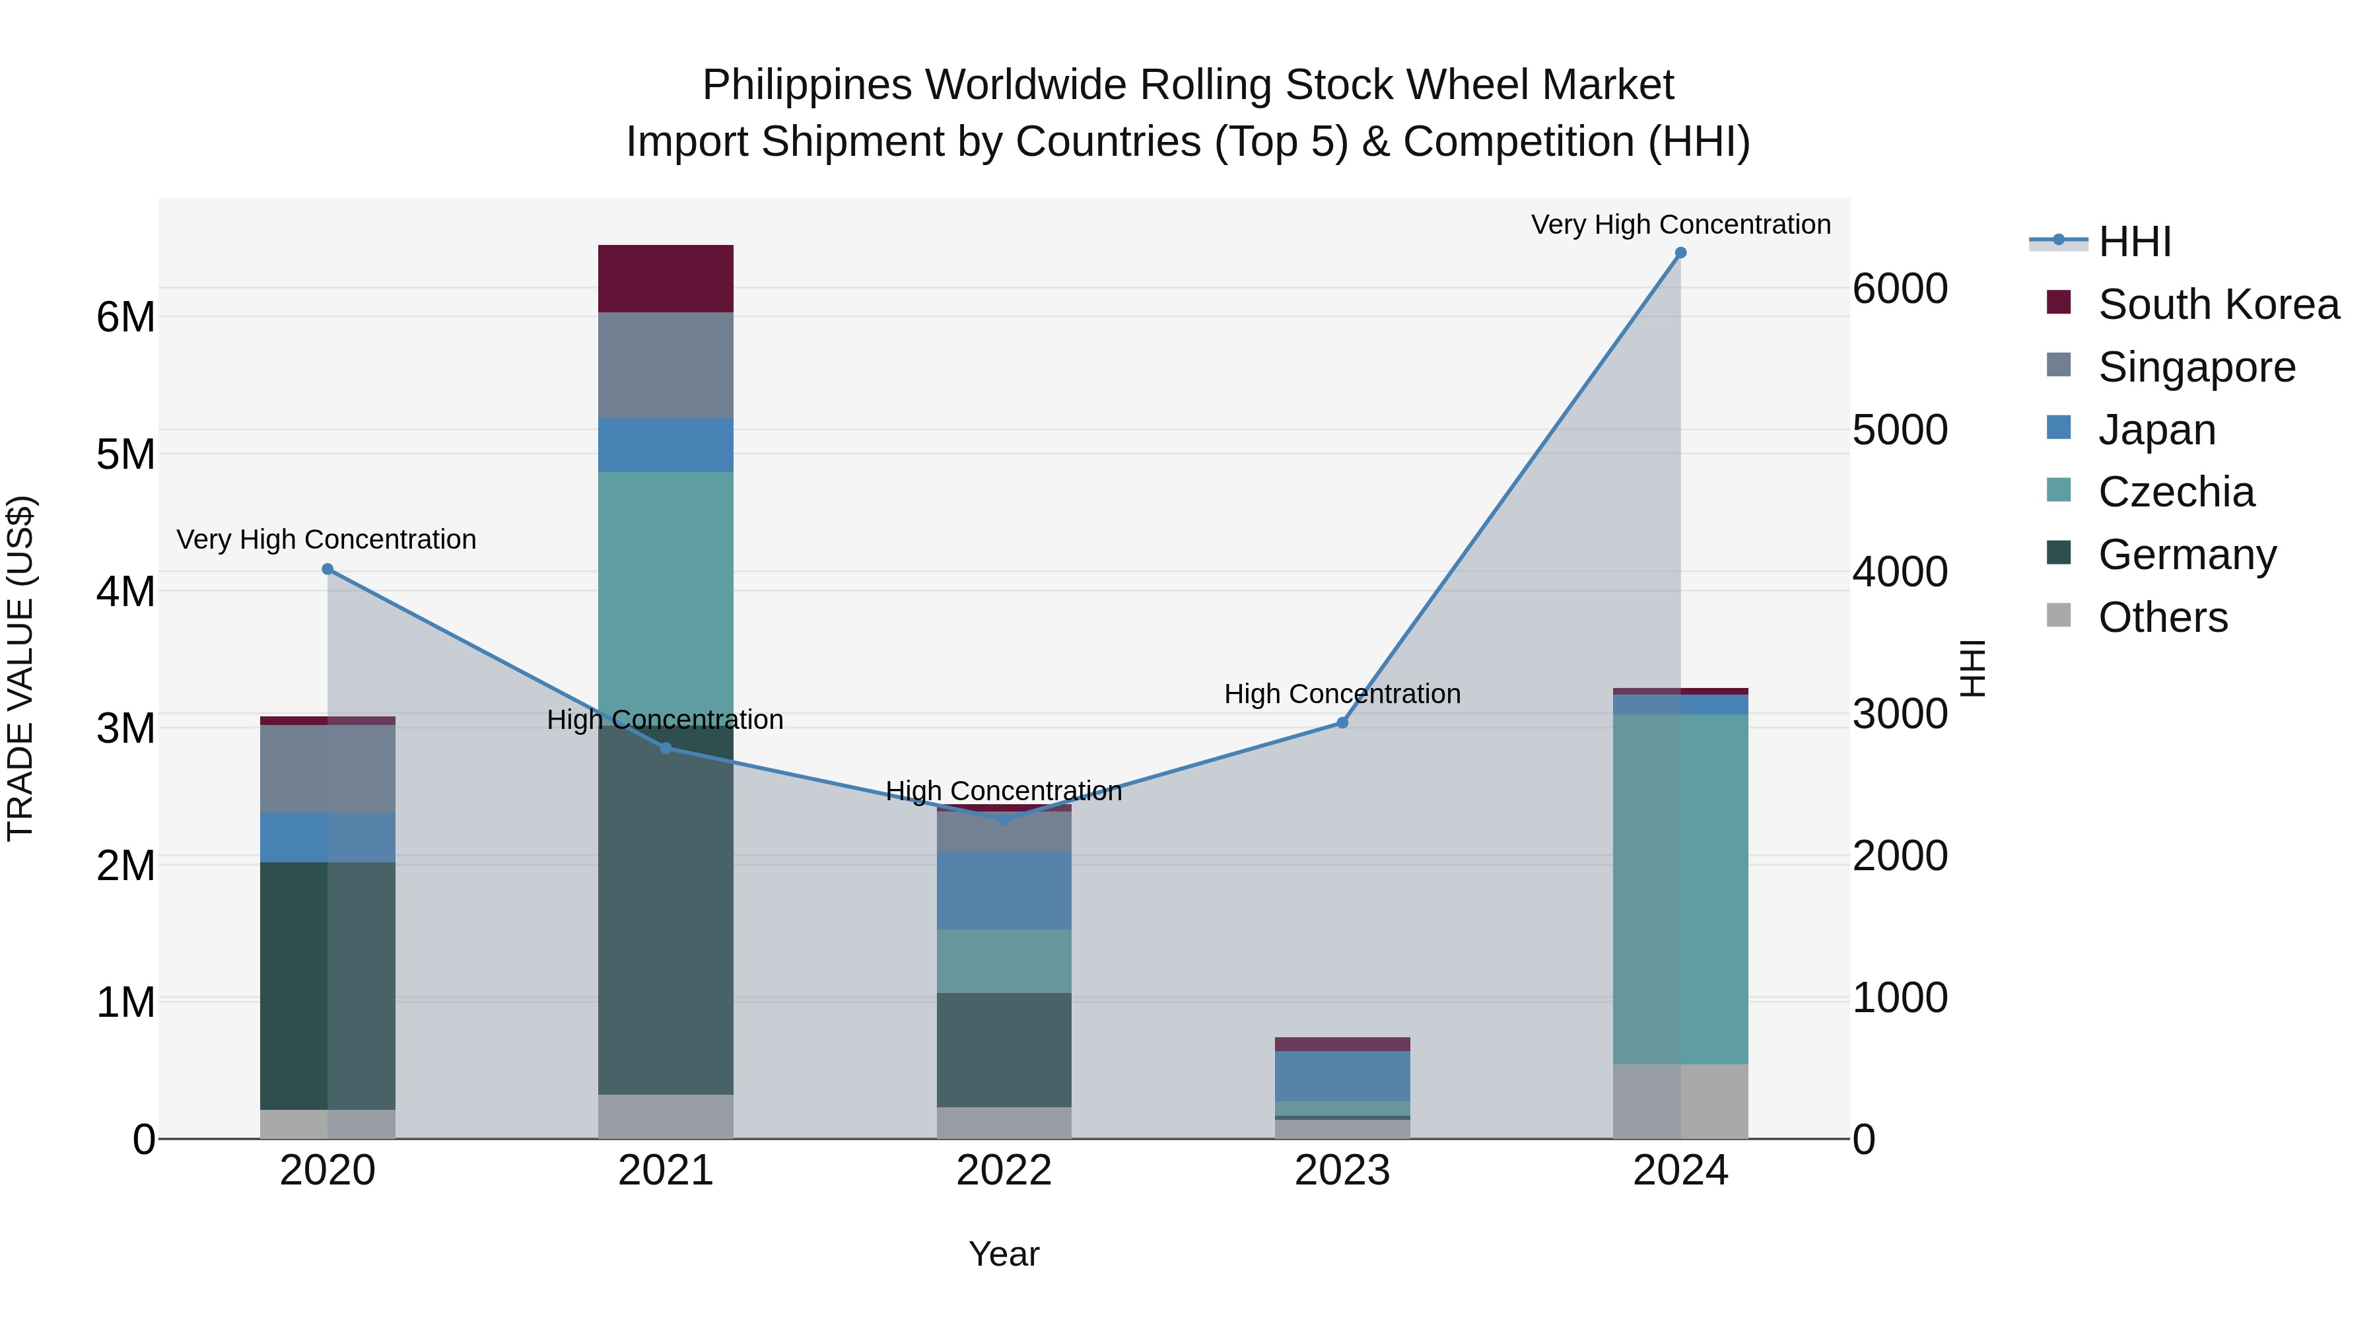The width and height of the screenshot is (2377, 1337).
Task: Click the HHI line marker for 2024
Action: click(1680, 253)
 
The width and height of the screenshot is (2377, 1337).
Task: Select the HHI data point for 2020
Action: click(327, 569)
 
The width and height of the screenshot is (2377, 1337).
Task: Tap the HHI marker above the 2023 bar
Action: click(1342, 722)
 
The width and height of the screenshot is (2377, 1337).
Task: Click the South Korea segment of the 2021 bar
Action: click(666, 279)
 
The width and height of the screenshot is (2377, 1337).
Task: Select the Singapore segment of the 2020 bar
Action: click(327, 768)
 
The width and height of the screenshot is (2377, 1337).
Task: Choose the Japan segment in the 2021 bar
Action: click(666, 445)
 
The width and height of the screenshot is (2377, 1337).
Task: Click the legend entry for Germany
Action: click(2187, 555)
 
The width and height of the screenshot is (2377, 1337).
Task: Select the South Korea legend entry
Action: click(2219, 304)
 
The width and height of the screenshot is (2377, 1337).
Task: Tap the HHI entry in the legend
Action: click(2134, 242)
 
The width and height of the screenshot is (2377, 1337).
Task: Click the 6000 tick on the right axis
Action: click(1900, 289)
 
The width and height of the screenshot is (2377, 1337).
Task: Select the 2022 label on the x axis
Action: click(1004, 1171)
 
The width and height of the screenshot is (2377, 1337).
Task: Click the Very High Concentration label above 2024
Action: click(1680, 224)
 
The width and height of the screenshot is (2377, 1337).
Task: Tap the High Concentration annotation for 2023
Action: click(1342, 694)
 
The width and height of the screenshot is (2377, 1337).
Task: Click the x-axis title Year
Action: click(1004, 1254)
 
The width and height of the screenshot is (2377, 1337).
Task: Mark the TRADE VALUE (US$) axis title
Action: click(20, 668)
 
